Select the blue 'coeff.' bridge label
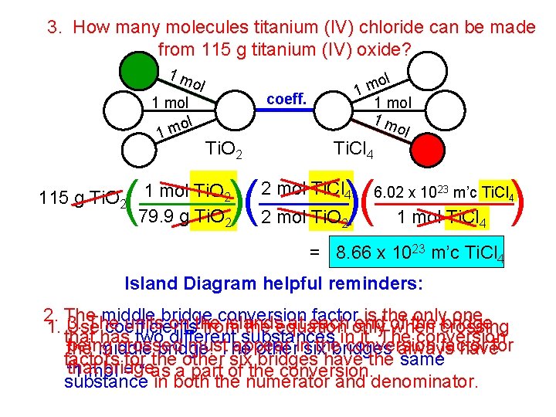(286, 99)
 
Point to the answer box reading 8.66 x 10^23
(418, 253)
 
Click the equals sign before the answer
(314, 253)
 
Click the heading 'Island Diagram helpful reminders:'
(273, 283)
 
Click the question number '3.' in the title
(55, 28)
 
